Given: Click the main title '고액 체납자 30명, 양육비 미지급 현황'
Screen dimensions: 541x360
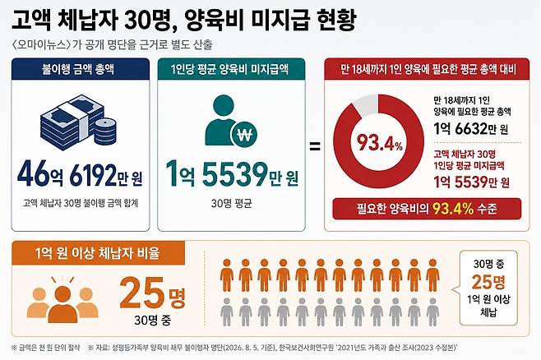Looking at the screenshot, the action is click(184, 21).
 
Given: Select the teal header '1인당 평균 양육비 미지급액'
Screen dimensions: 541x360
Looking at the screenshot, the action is click(230, 69).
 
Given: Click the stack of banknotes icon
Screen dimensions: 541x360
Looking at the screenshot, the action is click(72, 122).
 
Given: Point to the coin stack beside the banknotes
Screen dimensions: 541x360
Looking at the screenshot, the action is click(105, 132).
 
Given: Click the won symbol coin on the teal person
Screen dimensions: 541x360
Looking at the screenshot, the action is click(245, 135).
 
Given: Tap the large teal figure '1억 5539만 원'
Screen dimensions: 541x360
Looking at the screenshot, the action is click(232, 174).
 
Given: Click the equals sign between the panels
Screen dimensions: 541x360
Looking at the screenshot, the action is click(314, 146).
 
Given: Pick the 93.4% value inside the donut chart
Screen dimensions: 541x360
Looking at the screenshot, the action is click(380, 142).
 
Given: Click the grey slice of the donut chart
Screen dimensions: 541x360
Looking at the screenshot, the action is click(365, 104).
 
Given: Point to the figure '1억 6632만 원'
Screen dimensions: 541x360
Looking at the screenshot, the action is click(470, 129).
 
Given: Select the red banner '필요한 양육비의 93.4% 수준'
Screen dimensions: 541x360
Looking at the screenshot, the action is click(427, 209).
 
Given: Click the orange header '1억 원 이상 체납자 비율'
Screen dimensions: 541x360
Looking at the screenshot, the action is click(98, 253).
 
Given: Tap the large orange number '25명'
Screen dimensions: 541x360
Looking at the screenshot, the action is click(153, 293).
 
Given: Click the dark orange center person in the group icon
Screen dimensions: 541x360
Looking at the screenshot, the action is click(62, 304).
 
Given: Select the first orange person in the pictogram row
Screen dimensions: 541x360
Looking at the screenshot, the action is click(227, 275).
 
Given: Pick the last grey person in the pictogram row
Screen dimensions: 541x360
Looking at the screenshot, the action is click(432, 312).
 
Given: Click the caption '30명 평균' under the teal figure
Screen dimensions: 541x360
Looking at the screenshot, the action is click(232, 204).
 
